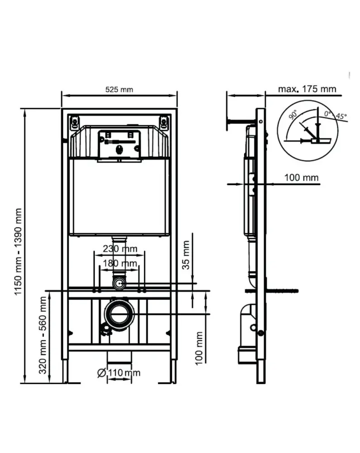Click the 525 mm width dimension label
pyautogui.click(x=119, y=90)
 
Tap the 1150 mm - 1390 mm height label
pyautogui.click(x=18, y=251)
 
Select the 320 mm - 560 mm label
pyautogui.click(x=43, y=335)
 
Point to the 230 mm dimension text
pyautogui.click(x=120, y=248)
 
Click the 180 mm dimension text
pyautogui.click(x=120, y=263)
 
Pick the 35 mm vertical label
pyautogui.click(x=186, y=255)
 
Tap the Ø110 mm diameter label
pyautogui.click(x=119, y=373)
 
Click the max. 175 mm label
pyautogui.click(x=307, y=89)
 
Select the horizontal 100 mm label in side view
pyautogui.click(x=302, y=178)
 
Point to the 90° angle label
pyautogui.click(x=293, y=115)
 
